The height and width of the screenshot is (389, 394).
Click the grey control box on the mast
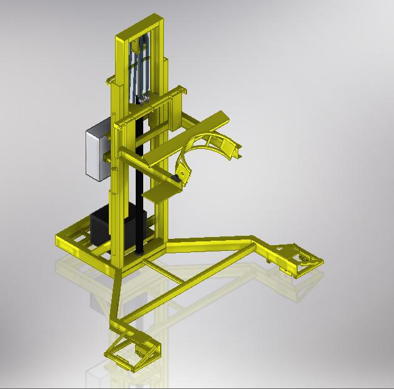96,151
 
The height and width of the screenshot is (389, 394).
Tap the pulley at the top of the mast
141,45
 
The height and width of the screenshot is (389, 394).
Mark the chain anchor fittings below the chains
143,99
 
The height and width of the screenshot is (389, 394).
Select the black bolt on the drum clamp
177,180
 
